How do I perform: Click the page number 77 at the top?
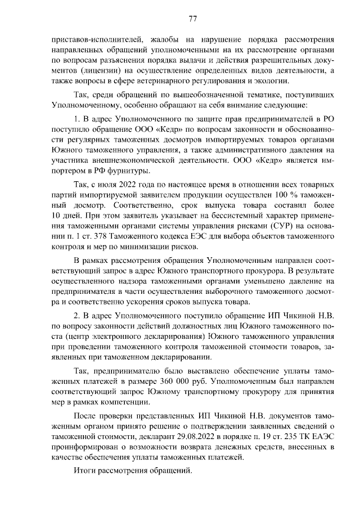click(x=192, y=19)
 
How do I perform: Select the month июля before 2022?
click(x=111, y=186)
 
